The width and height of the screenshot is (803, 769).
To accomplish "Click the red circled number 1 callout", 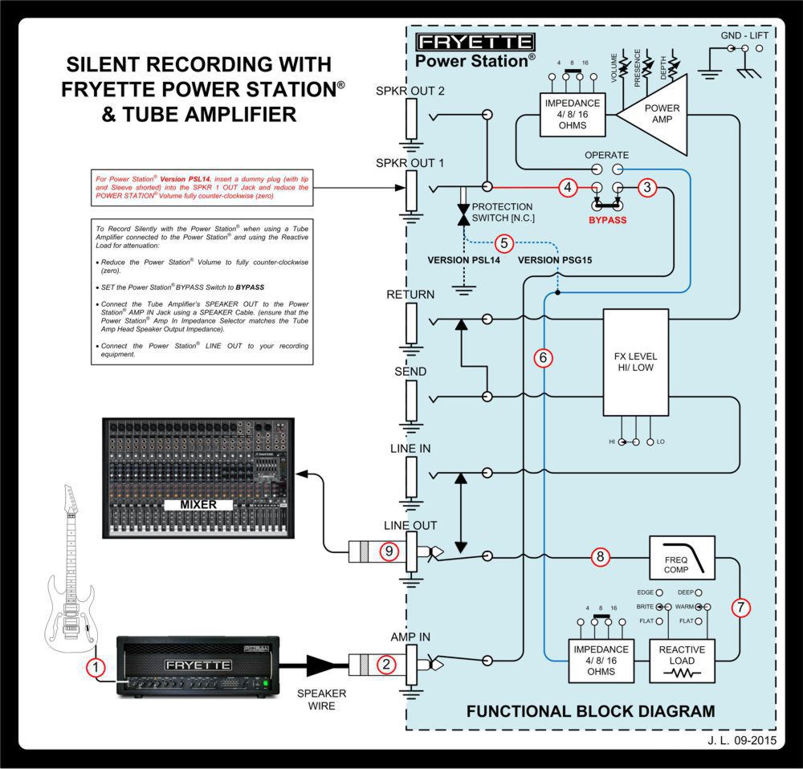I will coord(96,666).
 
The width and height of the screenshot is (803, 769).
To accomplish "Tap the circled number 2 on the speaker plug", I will coord(387,663).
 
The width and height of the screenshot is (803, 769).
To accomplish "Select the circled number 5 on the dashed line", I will coord(503,242).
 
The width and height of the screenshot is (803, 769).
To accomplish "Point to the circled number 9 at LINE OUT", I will coord(388,551).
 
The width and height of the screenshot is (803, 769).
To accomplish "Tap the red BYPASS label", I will coord(607,217).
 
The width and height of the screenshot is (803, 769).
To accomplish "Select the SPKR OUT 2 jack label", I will coord(410,91).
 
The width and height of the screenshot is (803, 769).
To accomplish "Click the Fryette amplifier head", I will coord(198,665).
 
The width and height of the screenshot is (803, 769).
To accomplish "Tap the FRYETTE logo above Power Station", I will coord(475,42).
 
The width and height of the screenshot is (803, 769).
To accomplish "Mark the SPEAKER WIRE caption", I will coord(321,699).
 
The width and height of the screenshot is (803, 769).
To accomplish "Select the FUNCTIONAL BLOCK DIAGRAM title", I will coord(590,710).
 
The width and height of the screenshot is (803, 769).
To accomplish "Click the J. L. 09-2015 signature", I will coord(742,742).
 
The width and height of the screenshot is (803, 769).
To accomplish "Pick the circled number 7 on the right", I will coord(741,608).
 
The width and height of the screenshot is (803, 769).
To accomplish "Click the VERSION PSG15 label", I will coord(553,260).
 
